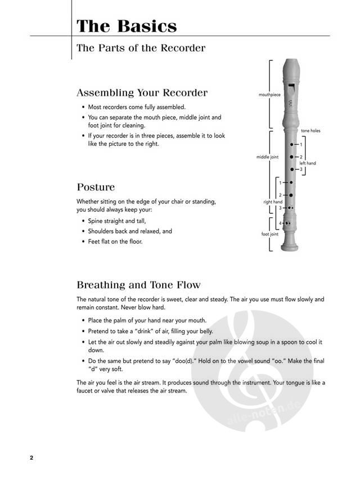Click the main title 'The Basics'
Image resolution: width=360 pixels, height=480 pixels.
coord(127,26)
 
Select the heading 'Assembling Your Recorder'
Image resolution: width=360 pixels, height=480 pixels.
coord(142,92)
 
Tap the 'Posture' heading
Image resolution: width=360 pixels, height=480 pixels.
coord(96,187)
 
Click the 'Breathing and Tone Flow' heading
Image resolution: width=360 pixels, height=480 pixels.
coord(138,285)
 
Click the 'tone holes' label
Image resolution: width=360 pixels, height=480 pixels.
coord(310,131)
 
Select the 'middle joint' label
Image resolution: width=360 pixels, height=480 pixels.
coord(267,157)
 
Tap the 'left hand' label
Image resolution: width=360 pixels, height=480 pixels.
coord(307,163)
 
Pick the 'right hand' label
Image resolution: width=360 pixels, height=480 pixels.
coord(273,201)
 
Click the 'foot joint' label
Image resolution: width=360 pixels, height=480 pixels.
coord(270,234)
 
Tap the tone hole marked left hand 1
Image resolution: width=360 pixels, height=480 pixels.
coord(291,145)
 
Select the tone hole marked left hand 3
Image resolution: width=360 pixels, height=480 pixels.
coord(291,169)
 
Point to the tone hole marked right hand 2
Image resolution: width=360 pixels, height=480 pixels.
coord(291,195)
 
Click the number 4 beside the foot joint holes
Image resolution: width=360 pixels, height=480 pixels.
coord(280,223)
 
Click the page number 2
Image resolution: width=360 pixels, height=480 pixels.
coord(31,457)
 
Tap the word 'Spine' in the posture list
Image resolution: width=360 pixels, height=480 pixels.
coord(97,221)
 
